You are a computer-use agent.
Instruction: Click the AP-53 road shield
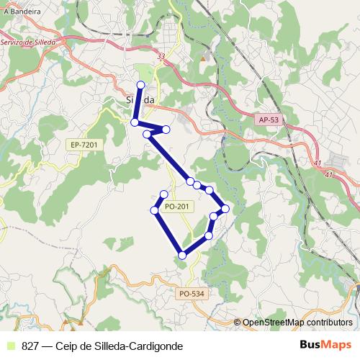[x=268, y=121]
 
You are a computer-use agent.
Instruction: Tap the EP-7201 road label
[x=84, y=145]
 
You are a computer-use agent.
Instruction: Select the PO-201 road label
[x=177, y=207]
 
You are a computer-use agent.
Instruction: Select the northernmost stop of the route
[x=140, y=85]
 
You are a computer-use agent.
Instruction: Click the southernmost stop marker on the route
[x=183, y=255]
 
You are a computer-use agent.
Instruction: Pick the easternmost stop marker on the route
[x=225, y=209]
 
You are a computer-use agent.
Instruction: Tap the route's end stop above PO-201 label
[x=164, y=194]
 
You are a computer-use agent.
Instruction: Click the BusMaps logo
[x=325, y=346]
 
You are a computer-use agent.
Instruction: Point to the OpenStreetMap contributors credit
[x=293, y=323]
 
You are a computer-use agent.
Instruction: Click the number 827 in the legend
[x=30, y=346]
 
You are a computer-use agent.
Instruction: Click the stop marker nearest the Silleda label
[x=135, y=122]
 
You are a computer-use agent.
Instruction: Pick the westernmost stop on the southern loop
[x=154, y=210]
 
